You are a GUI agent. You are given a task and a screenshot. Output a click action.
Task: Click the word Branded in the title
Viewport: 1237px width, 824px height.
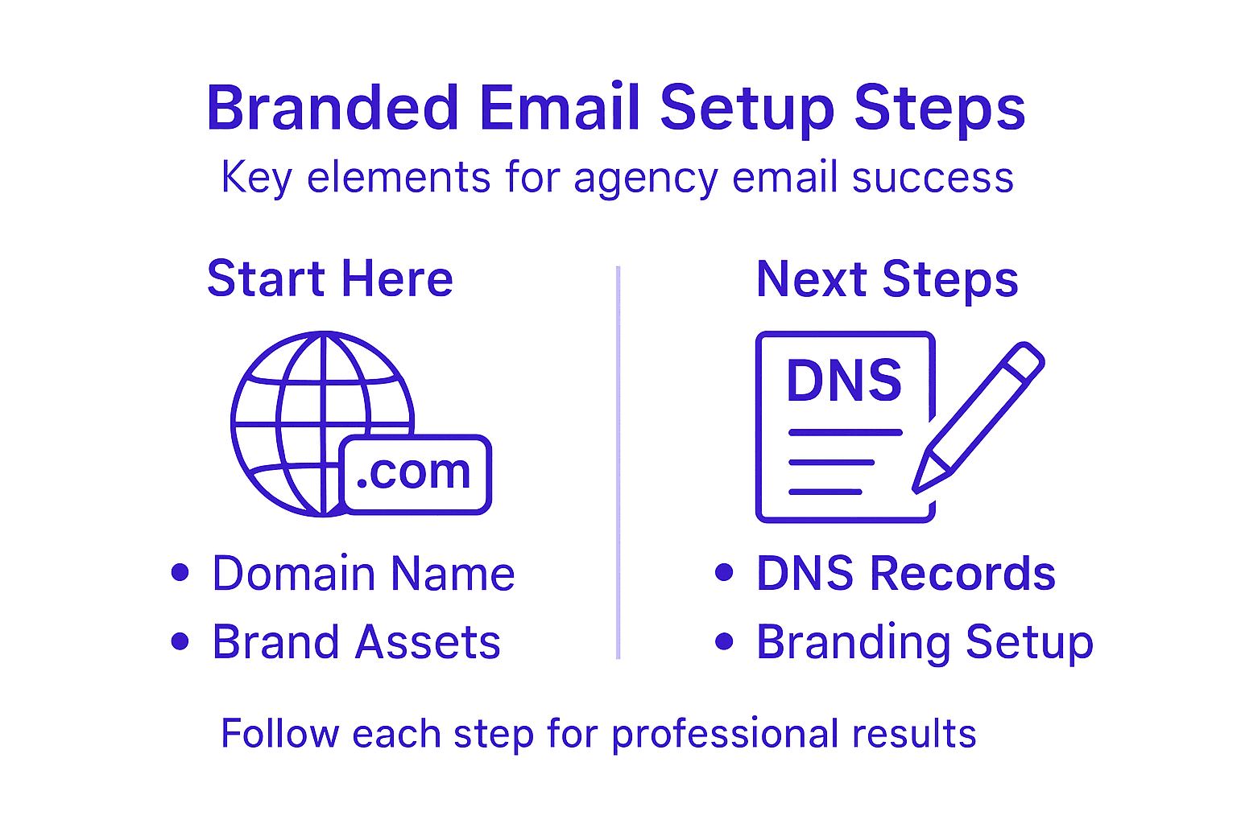333,108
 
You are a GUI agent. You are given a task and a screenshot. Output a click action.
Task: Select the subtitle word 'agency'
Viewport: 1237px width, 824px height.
645,178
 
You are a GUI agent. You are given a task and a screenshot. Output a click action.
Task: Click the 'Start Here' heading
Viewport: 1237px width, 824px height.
330,279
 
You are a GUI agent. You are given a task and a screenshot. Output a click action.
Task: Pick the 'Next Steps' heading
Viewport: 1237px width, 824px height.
887,279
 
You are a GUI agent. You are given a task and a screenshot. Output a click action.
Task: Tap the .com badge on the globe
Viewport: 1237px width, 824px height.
414,474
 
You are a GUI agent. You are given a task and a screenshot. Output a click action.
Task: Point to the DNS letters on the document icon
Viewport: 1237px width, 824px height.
844,381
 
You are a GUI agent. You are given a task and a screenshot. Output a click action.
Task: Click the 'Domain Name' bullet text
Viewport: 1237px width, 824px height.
363,574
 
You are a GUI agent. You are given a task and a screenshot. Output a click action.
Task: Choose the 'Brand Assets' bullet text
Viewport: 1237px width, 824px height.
356,642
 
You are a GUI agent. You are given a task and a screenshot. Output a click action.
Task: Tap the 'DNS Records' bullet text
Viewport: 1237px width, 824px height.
906,574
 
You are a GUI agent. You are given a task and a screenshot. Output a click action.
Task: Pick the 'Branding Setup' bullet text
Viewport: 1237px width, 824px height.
925,642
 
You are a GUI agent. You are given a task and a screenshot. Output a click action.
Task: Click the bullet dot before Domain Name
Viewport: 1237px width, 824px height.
180,572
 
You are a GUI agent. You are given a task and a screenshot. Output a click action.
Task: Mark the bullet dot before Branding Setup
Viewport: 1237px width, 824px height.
724,641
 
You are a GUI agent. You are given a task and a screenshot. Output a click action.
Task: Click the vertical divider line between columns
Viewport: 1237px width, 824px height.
618,463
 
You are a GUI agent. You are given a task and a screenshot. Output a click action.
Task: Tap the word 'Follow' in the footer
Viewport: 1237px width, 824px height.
280,734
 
